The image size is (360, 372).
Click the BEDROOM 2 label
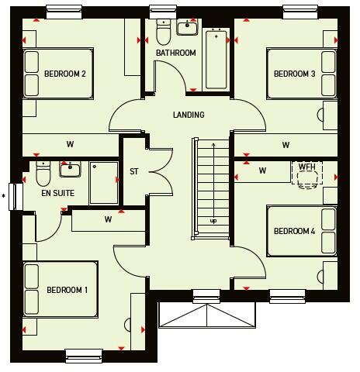point(64,74)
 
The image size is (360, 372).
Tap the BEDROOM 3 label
point(294,74)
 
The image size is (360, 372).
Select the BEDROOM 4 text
point(294,231)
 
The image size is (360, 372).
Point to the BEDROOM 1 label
point(67,291)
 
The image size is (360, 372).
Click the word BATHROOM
point(175,53)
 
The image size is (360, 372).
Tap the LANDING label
point(189,115)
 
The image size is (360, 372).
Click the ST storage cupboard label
point(133,171)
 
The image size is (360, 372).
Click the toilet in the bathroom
point(163,32)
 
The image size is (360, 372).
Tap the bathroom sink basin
point(189,29)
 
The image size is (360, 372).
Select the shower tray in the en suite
point(103,183)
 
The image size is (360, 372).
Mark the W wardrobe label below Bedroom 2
point(70,144)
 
